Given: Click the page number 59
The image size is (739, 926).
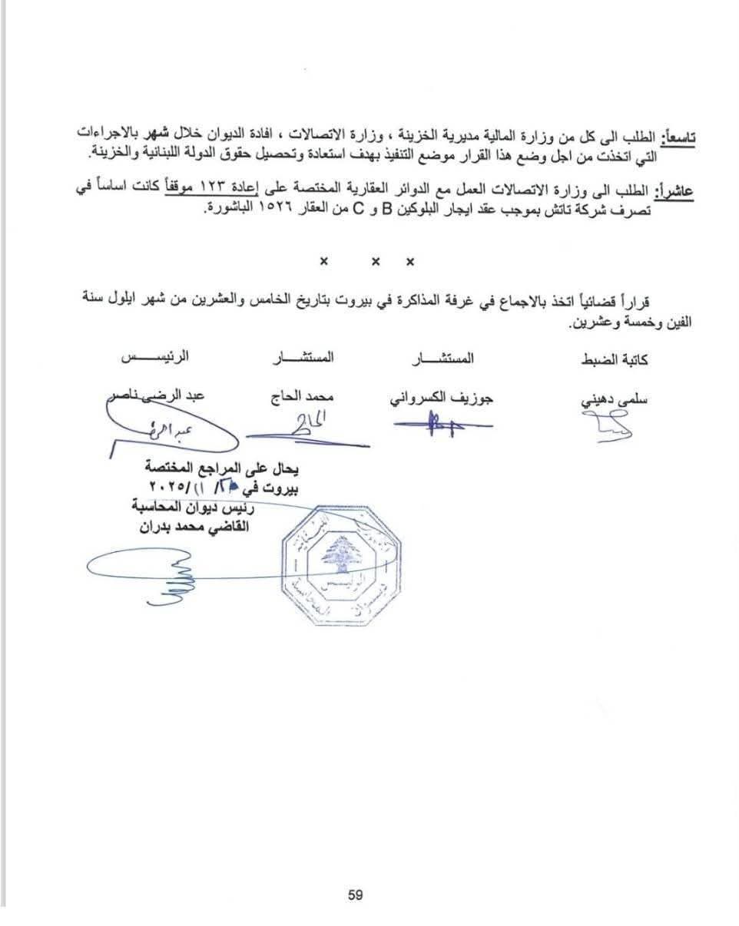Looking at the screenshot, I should (x=355, y=895).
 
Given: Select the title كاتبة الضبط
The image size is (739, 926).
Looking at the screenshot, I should (x=615, y=359).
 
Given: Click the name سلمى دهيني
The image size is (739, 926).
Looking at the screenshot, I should (x=615, y=399).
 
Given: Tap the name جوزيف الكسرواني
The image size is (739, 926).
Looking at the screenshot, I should (x=442, y=399).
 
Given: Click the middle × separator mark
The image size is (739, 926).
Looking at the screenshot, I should (x=376, y=262).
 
